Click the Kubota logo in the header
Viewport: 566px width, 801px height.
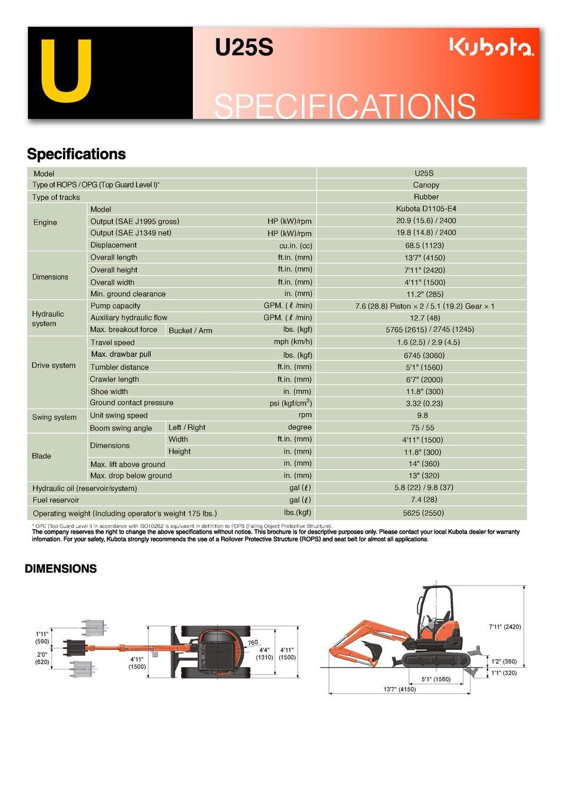492,47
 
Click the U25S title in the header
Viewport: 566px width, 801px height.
244,48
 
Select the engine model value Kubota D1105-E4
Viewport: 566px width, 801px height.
426,209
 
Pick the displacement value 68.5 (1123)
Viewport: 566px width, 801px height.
424,245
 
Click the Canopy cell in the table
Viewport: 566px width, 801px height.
426,185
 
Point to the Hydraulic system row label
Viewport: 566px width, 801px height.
48,319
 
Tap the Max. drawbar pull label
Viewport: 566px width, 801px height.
121,354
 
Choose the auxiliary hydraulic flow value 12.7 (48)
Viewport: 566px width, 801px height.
424,318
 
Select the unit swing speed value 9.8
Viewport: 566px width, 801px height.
422,415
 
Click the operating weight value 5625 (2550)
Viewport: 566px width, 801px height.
423,513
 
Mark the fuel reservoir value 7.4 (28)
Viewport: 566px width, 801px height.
424,500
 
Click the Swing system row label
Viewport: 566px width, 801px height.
54,418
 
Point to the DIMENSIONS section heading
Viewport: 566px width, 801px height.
61,569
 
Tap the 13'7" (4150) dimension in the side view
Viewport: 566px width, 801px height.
399,690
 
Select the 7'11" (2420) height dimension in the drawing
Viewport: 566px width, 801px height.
505,626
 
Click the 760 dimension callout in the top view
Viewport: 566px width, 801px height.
252,642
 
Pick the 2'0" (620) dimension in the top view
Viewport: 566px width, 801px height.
42,658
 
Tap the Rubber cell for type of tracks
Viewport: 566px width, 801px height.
426,197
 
